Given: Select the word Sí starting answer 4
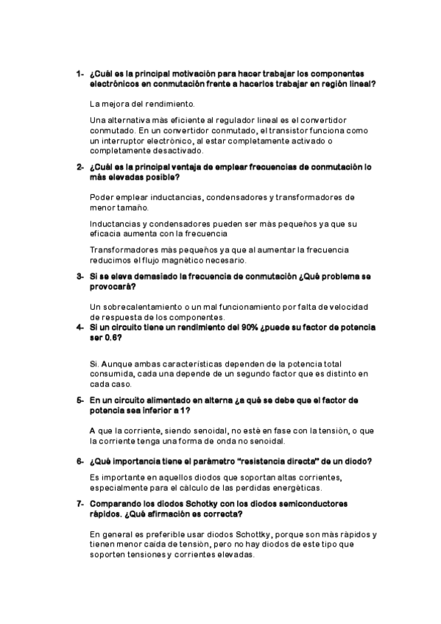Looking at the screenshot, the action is (93, 364).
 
